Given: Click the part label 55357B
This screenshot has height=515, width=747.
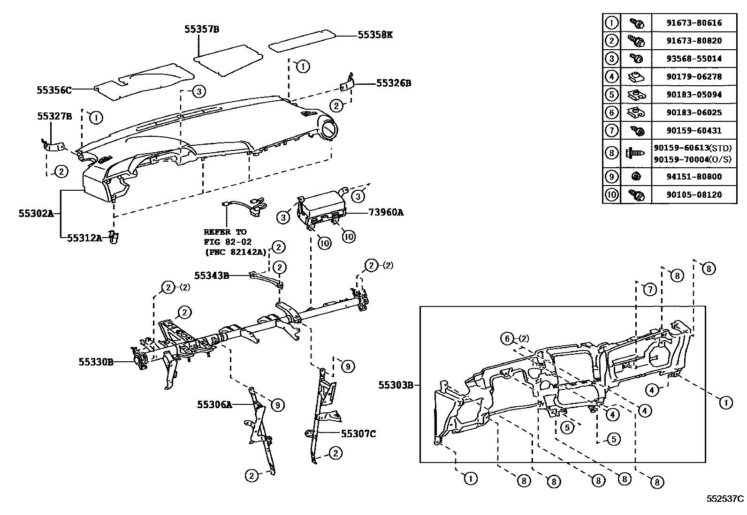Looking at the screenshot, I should click(201, 30).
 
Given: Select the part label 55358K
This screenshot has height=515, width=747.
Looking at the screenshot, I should click(375, 35).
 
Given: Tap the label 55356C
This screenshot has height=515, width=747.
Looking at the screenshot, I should click(54, 90).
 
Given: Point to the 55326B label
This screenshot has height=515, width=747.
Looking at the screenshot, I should click(393, 83).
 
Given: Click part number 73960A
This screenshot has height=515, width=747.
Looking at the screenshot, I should click(386, 212).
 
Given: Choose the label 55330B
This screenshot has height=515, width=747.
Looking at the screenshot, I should click(96, 362).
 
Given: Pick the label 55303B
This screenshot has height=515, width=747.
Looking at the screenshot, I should click(396, 385).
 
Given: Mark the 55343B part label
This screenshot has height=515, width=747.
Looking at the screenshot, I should click(212, 276).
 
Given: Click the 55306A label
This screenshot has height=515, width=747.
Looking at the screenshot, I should click(215, 404).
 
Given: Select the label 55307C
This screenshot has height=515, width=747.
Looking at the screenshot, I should click(358, 434).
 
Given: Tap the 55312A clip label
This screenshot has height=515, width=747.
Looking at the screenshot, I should click(84, 238).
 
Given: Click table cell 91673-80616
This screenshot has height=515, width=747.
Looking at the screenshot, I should click(694, 22).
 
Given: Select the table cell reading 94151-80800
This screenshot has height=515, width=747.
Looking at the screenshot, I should click(694, 177).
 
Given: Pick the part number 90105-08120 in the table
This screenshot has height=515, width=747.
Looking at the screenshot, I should click(694, 194).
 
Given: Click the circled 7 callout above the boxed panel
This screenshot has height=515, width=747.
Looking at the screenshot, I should click(649, 290).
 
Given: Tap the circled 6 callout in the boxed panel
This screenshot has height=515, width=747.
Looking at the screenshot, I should click(507, 338).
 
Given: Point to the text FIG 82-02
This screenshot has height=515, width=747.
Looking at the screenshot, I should click(228, 242).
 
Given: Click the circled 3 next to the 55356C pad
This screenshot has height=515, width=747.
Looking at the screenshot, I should click(198, 91).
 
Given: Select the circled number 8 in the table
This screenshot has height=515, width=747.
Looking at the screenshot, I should click(611, 153).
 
